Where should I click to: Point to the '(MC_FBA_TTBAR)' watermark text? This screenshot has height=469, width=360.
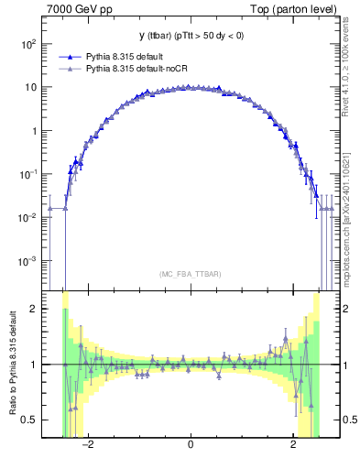click(191, 275)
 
